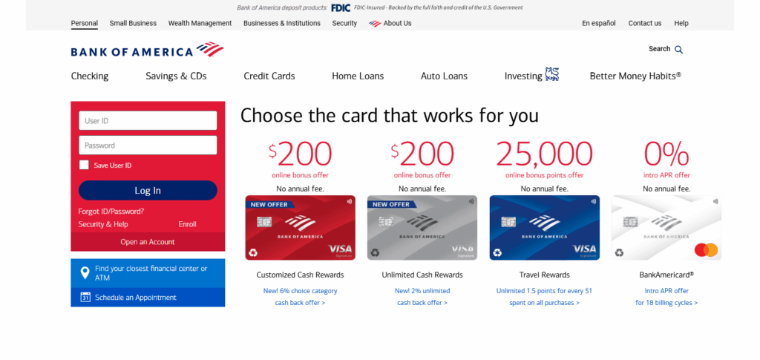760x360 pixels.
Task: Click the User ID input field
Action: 148,121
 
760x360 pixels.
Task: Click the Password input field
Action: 148,145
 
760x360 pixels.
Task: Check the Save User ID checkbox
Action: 84,166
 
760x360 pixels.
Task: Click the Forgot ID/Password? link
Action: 111,212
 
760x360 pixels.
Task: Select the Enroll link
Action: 187,224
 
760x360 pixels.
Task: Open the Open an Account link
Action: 148,242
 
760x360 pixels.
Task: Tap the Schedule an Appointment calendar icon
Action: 85,298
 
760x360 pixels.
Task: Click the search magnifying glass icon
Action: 678,50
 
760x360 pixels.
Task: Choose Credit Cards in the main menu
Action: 269,76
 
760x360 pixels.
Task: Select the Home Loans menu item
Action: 358,76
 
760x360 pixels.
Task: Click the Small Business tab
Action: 133,23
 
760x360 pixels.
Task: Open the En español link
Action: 598,23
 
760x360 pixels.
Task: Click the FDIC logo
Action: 341,7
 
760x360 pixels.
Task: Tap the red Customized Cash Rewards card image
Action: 300,227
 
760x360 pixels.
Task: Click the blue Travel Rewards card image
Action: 544,227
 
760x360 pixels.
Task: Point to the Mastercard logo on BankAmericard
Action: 706,250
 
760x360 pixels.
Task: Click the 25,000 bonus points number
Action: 544,154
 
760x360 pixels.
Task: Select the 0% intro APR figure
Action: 666,154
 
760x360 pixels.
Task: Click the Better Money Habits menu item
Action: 635,76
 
